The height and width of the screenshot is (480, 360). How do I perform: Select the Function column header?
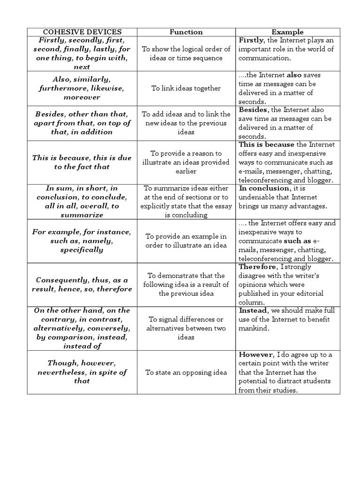(186, 32)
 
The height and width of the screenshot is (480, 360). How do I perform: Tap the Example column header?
(288, 32)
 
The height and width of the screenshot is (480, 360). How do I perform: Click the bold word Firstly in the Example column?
(251, 40)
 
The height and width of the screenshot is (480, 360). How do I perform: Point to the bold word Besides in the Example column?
(253, 110)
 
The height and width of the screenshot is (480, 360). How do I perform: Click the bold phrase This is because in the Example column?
(266, 144)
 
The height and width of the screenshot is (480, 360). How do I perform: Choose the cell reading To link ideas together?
(186, 88)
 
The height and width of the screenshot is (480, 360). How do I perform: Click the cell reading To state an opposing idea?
(186, 372)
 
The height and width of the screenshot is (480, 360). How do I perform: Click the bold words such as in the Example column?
(297, 241)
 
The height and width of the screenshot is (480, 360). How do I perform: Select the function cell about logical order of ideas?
(186, 53)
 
